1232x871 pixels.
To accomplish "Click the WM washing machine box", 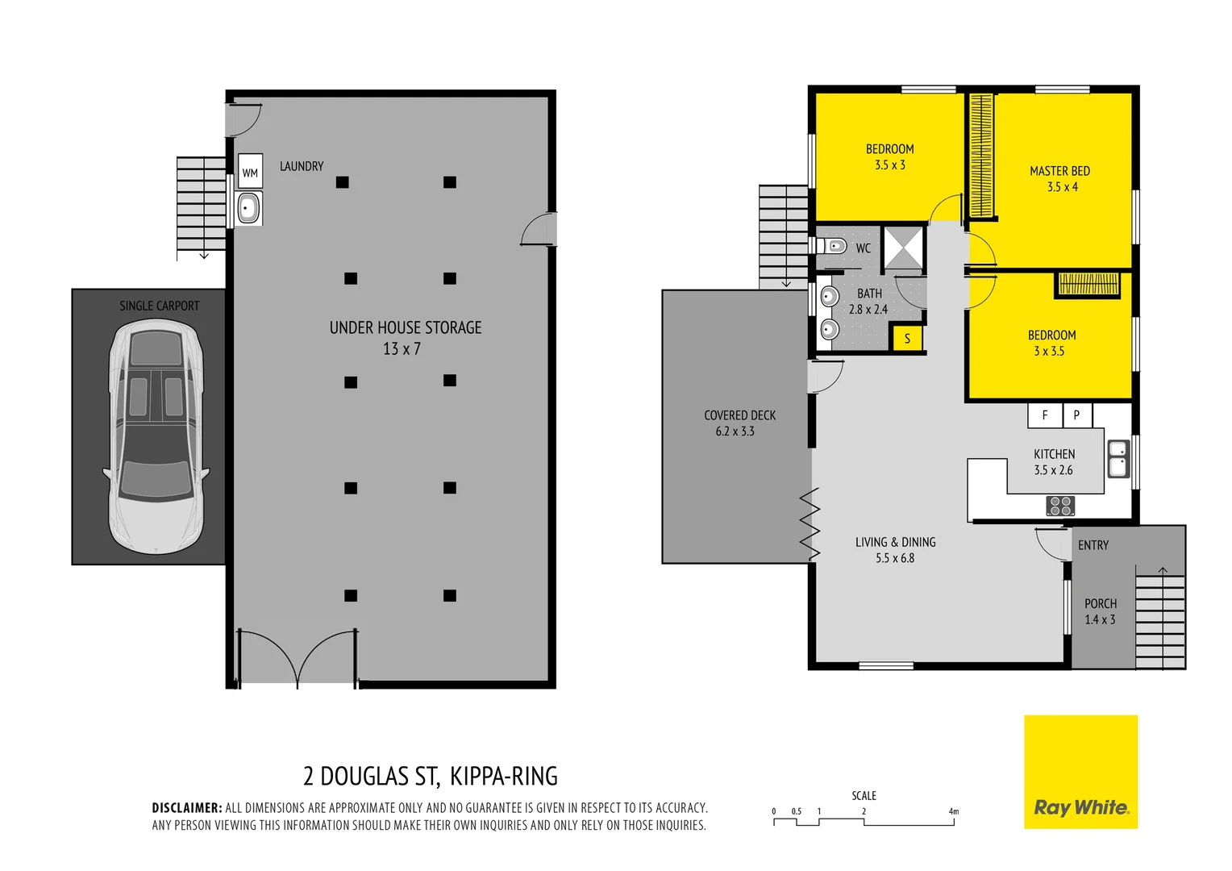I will (x=250, y=172).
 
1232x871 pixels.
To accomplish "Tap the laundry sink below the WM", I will (x=248, y=208).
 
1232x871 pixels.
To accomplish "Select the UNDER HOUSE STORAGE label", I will (x=406, y=328).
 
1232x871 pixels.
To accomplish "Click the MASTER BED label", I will (x=1059, y=171).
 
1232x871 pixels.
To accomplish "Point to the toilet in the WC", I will (x=835, y=246).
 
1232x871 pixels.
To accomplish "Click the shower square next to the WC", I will (x=904, y=247).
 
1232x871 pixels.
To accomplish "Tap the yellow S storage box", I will (x=907, y=339).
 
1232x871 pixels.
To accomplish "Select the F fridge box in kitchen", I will (x=1045, y=415).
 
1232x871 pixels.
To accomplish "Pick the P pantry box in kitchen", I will (x=1076, y=415).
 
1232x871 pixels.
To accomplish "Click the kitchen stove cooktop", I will (x=1060, y=506).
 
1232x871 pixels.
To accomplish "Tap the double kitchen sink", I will (x=1118, y=458).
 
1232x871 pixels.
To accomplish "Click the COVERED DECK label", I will (x=739, y=415).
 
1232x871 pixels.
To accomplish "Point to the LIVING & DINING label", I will (x=895, y=542).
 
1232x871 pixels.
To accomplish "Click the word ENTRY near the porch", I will (x=1093, y=545).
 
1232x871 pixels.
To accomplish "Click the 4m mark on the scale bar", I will (x=954, y=812).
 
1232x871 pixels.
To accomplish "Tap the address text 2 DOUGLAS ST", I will (x=371, y=776).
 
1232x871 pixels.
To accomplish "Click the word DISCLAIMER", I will (x=186, y=807).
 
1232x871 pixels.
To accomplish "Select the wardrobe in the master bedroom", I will (x=980, y=156).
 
